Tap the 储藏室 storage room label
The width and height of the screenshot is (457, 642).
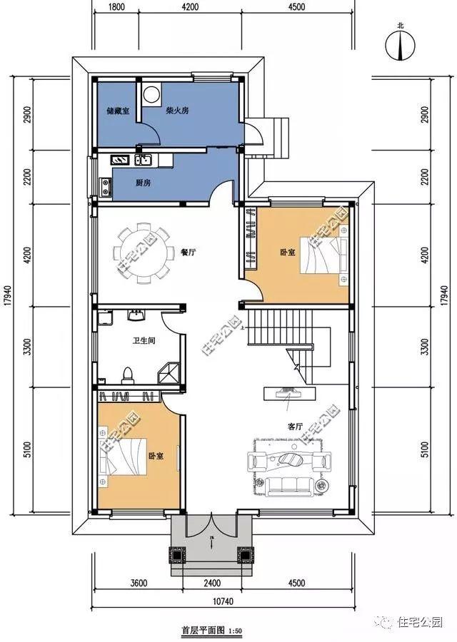117,111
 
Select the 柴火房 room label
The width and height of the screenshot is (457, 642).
177,111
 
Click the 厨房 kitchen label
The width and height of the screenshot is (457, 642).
143,183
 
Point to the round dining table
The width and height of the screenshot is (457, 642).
143,253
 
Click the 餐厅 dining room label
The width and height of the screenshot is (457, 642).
189,252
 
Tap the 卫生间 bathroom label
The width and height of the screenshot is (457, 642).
144,341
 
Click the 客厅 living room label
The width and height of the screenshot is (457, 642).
295,426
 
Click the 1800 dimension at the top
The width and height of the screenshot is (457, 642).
118,8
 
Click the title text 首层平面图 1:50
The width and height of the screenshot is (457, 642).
214,631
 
